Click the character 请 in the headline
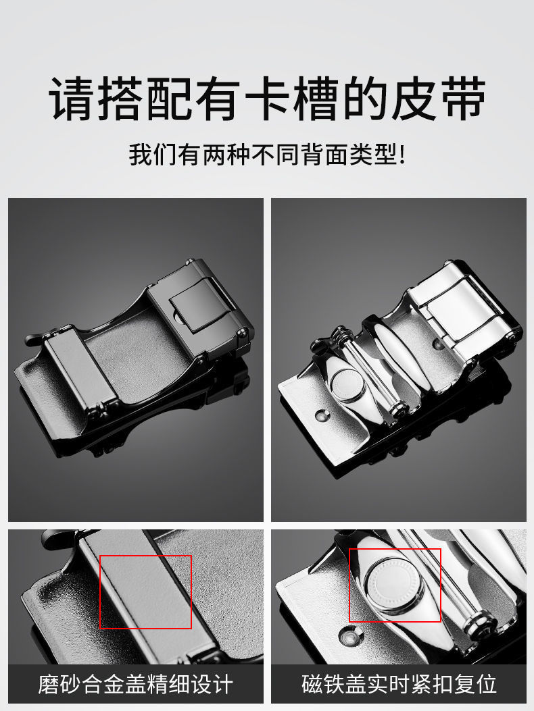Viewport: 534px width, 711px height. (72, 99)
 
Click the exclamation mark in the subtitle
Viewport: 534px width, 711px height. (401, 155)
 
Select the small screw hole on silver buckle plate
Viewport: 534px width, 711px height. (322, 414)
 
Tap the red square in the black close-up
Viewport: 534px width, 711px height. (145, 592)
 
